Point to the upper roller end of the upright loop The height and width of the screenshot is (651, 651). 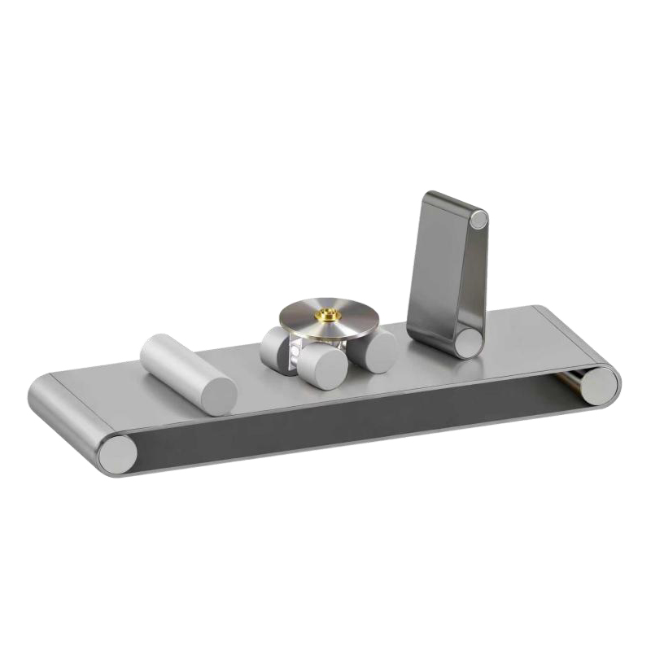(x=479, y=218)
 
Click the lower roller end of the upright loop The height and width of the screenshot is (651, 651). (x=468, y=341)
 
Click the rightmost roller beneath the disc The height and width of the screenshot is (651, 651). (x=380, y=352)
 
